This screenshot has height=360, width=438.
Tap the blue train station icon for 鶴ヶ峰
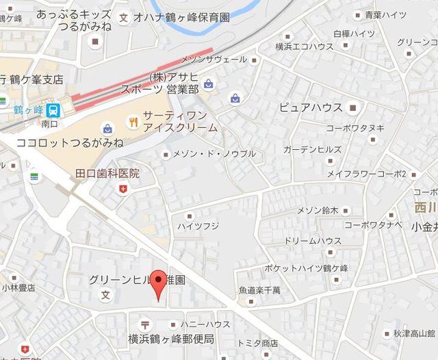click(x=54, y=109)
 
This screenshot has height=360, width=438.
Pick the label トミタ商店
click(x=257, y=343)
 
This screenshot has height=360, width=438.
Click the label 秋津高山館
click(x=415, y=334)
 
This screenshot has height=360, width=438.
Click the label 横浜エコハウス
click(x=304, y=47)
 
